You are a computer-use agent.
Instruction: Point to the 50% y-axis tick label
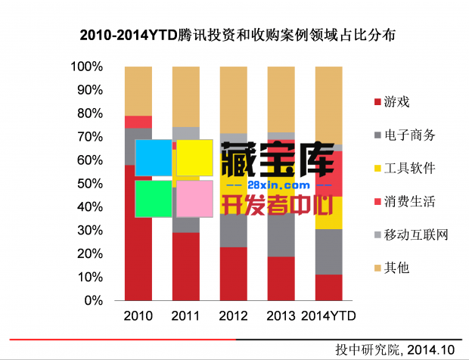[x=89, y=184]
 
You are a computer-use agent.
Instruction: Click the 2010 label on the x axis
[x=138, y=315]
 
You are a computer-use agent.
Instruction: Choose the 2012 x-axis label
[x=233, y=315]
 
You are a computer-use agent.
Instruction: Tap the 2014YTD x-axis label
[x=328, y=315]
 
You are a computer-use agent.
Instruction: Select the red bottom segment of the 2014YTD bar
[x=328, y=287]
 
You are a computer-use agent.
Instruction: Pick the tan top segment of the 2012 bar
[x=233, y=99]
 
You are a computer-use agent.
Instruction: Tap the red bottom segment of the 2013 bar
[x=281, y=278]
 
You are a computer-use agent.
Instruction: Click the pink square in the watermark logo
[x=194, y=199]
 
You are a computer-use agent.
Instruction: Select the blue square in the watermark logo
[x=154, y=158]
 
